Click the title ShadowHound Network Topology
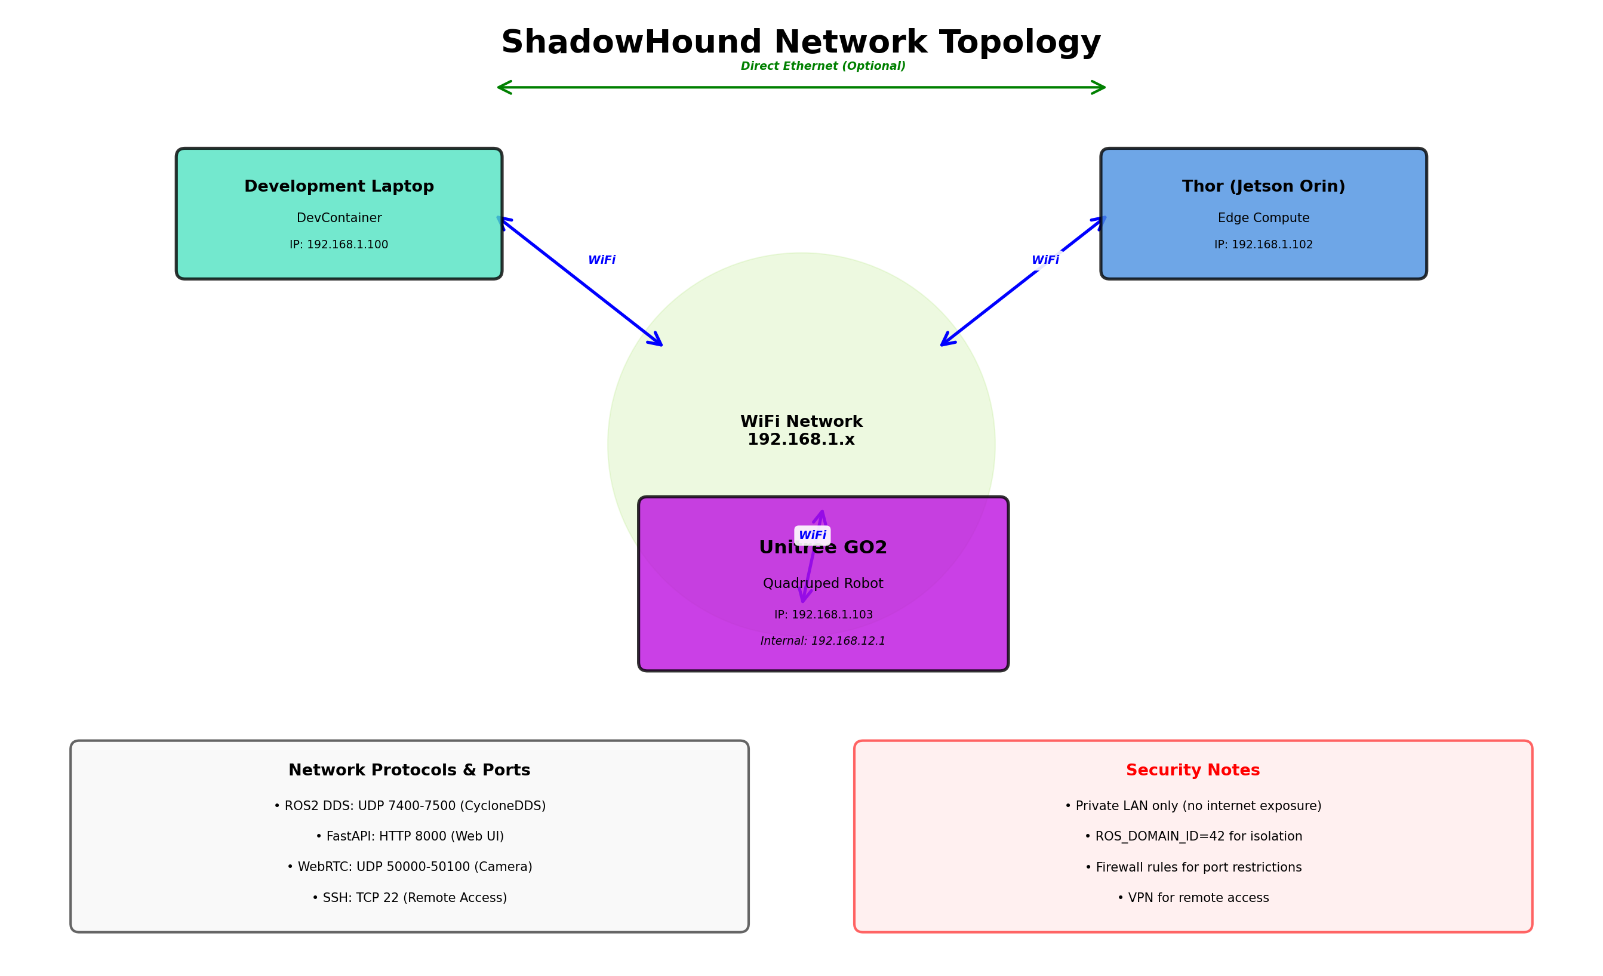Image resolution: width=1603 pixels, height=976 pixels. (801, 42)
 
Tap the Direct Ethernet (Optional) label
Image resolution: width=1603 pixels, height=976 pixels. (823, 66)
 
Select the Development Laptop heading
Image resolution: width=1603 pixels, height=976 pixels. (339, 187)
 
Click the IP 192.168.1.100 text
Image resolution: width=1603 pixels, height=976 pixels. (339, 245)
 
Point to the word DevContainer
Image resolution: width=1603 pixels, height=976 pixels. (339, 218)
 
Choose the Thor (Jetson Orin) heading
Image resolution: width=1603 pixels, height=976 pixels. (1263, 187)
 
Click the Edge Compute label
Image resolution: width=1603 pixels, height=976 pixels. (1263, 218)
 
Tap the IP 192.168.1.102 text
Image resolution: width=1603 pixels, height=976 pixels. (1263, 245)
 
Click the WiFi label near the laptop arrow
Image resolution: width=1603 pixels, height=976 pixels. (602, 260)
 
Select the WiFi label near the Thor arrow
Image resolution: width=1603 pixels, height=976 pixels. (1045, 260)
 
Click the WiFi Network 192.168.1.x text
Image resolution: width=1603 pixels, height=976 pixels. (801, 431)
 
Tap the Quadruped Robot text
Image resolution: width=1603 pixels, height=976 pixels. (823, 584)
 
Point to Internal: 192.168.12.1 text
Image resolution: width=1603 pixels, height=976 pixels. (823, 641)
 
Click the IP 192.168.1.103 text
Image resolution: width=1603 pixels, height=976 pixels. (823, 615)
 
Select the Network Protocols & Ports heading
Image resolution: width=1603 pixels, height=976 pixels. (409, 771)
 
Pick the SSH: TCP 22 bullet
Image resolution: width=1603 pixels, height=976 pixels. (409, 898)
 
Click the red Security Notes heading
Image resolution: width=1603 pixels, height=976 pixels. (1193, 771)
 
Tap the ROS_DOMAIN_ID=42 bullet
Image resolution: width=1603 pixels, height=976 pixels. (1193, 837)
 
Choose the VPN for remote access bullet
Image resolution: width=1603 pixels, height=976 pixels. (1193, 898)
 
